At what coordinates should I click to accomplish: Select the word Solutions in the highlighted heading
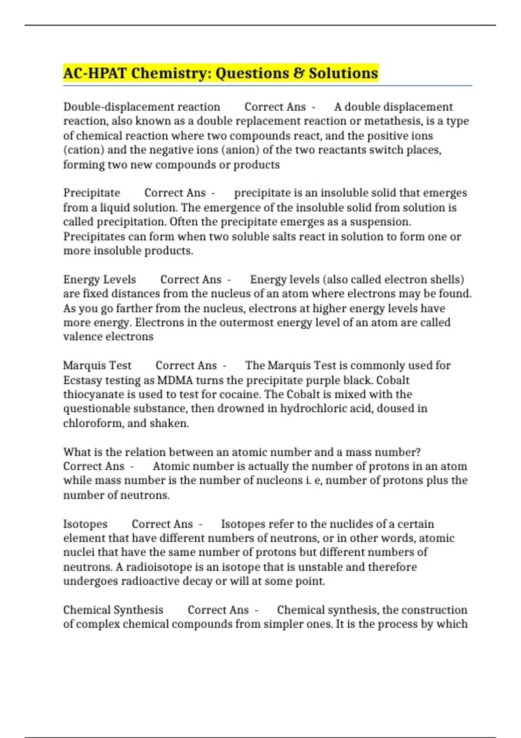(x=343, y=73)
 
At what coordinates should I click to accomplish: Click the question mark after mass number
(x=418, y=452)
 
